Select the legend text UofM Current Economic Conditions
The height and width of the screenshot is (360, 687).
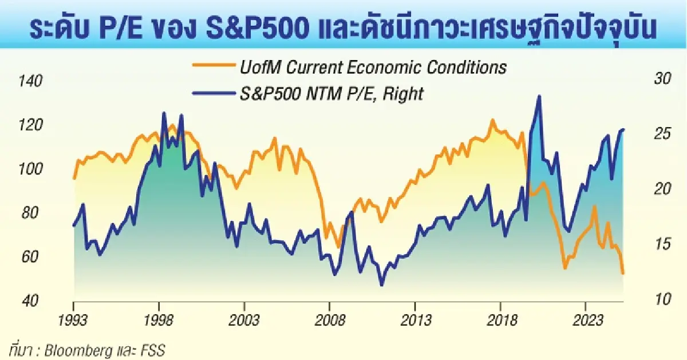click(x=372, y=68)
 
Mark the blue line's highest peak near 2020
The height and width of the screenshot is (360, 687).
click(x=539, y=96)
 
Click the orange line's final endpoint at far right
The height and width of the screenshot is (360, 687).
click(x=623, y=274)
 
